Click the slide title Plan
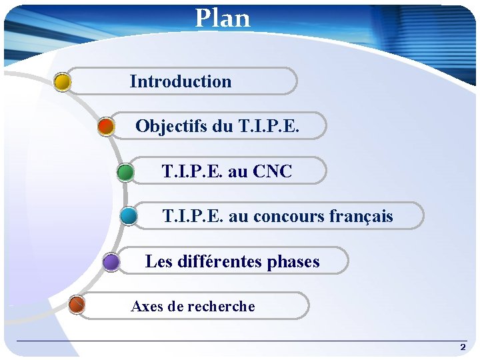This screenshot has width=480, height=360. click(x=223, y=18)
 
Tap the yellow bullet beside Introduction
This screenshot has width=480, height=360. click(x=62, y=81)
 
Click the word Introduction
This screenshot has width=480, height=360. click(x=181, y=82)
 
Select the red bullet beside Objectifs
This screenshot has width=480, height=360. click(x=106, y=126)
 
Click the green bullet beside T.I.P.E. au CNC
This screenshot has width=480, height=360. click(x=125, y=172)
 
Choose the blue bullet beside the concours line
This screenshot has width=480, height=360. click(x=129, y=216)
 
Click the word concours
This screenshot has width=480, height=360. click(x=289, y=217)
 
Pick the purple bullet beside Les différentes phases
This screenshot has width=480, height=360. click(x=111, y=261)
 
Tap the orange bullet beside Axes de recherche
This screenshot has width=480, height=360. click(x=77, y=305)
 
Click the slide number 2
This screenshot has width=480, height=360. click(x=463, y=347)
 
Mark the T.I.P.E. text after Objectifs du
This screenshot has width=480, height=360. click(x=272, y=126)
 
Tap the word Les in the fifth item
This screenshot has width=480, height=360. click(x=159, y=261)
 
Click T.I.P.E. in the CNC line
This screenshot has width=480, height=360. click(x=192, y=171)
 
